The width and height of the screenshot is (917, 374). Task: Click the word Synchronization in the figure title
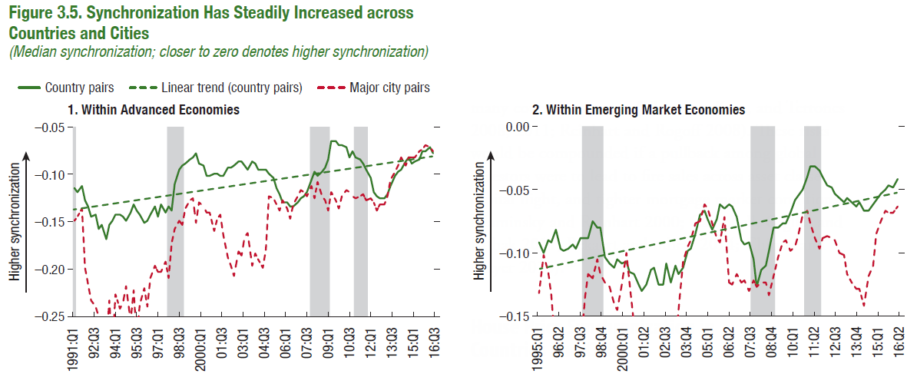(141, 12)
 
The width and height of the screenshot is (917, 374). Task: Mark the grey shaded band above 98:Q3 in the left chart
(175, 221)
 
